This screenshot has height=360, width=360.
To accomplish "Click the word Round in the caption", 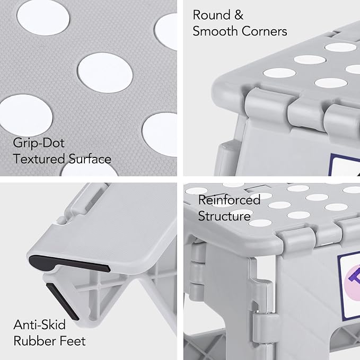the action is pos(212,15).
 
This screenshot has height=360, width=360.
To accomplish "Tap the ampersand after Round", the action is pos(239,15).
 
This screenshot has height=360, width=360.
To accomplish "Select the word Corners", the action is pos(264,31).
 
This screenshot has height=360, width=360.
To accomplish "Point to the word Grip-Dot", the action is pos(39,143).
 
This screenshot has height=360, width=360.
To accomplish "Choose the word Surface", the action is pos(90,159).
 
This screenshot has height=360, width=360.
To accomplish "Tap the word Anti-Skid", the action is pos(39,324).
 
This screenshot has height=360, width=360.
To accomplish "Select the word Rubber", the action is pos(34,341).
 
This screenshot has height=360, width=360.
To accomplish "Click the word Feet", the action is pos(73,341).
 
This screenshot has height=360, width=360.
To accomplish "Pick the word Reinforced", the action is pos(230,200).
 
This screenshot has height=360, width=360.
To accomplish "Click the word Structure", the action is pos(224,216).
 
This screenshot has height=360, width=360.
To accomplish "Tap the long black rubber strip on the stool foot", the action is pos(69,264).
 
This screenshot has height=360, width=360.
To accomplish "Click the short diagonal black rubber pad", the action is pos(63,302).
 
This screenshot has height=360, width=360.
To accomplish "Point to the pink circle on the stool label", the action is pos(353,283).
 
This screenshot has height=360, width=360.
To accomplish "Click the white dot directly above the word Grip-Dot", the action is pos(26,116).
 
